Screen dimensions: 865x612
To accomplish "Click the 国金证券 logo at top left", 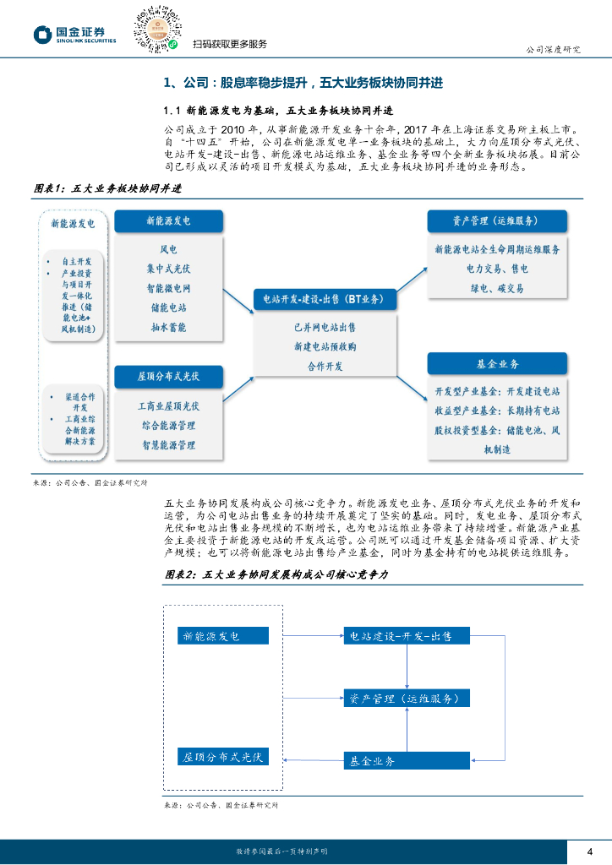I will pyautogui.click(x=74, y=34).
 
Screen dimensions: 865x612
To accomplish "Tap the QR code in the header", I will pyautogui.click(x=157, y=28).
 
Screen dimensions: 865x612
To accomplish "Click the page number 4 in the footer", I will pyautogui.click(x=589, y=851).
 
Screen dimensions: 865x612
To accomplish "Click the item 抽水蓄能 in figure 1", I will pyautogui.click(x=168, y=327).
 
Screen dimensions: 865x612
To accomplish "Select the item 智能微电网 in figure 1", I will pyautogui.click(x=168, y=288).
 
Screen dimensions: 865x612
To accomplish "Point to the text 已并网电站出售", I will pyautogui.click(x=325, y=326).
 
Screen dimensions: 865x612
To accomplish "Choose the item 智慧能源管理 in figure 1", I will pyautogui.click(x=168, y=444).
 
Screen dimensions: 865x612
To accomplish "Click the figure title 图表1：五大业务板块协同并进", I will pyautogui.click(x=107, y=188).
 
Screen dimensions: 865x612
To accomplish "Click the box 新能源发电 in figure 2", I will pyautogui.click(x=223, y=635).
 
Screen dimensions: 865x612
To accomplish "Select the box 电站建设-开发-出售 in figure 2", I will pyautogui.click(x=407, y=635).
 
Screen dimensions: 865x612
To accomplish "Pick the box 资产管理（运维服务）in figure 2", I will pyautogui.click(x=407, y=699).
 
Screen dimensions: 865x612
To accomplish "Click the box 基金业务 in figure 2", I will pyautogui.click(x=407, y=760).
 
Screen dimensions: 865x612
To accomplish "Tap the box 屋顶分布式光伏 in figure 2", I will pyautogui.click(x=223, y=757).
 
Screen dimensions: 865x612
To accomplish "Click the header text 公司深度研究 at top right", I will pyautogui.click(x=553, y=49).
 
